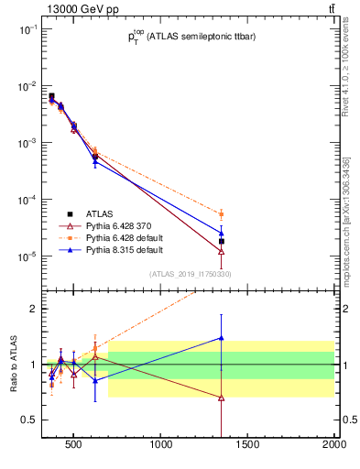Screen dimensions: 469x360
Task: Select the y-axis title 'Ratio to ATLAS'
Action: [13, 363]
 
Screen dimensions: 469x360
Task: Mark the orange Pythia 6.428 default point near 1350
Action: [222, 213]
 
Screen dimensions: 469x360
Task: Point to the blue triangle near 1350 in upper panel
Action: [222, 232]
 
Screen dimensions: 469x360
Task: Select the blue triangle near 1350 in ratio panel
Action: [222, 337]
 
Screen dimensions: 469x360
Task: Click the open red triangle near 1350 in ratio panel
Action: [222, 398]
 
